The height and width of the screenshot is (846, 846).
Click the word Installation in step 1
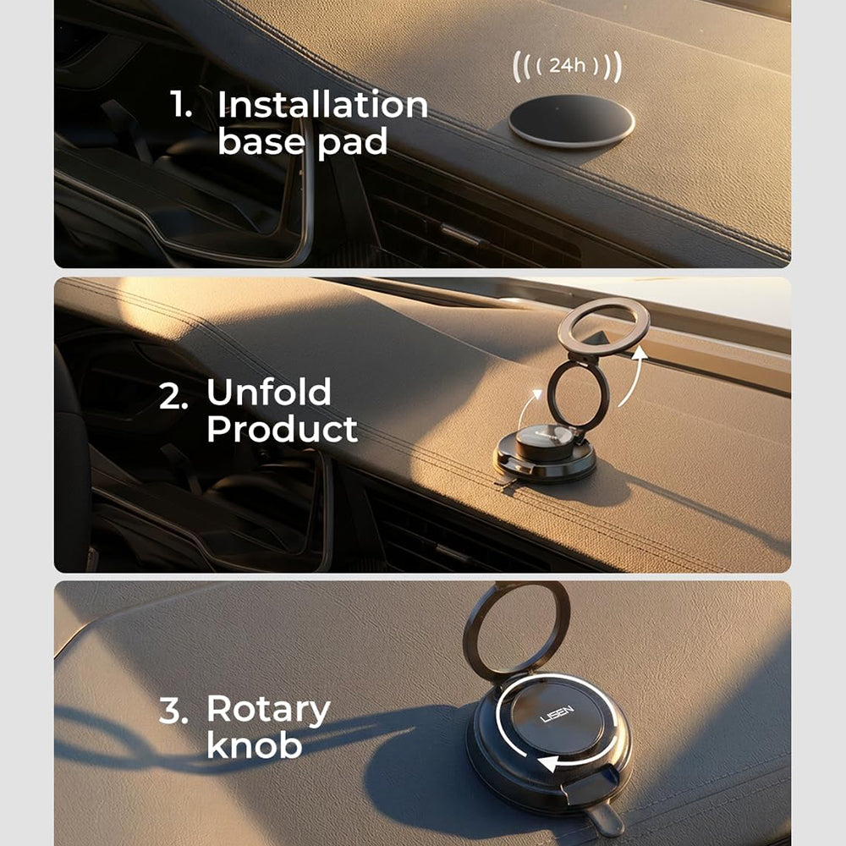(322, 104)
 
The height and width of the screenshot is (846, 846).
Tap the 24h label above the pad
(567, 66)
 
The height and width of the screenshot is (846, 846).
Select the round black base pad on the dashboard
(571, 121)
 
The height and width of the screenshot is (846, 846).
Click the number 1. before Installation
(181, 104)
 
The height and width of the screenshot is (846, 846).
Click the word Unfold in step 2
(269, 393)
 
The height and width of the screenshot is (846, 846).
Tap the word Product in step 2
(283, 430)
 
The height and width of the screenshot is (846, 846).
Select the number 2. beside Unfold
(173, 397)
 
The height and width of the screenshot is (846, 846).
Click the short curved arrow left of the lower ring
(526, 409)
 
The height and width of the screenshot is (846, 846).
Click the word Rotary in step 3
(268, 711)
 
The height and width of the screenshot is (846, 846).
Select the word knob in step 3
(254, 745)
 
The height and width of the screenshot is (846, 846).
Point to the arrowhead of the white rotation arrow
(549, 763)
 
